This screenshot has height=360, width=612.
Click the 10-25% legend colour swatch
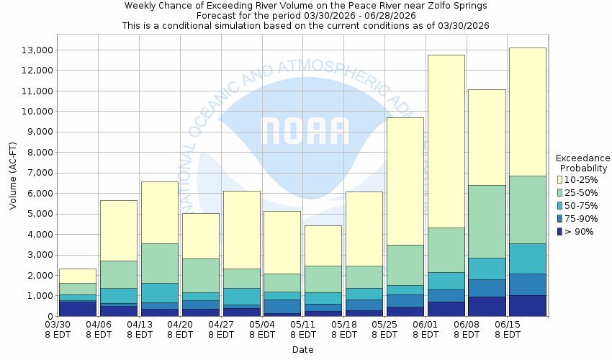[559, 179]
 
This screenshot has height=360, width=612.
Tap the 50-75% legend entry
[580, 205]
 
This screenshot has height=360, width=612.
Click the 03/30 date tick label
[58, 325]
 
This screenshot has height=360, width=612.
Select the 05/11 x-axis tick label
[304, 325]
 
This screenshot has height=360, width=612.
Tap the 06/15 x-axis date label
[508, 325]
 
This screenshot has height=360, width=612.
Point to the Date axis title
[302, 350]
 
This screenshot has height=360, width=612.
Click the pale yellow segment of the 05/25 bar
[405, 180]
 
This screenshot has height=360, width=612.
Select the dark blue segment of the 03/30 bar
[77, 308]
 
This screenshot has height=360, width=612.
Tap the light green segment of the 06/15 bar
[528, 209]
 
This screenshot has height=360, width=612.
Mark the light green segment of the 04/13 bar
[159, 263]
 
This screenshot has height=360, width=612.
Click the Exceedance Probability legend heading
[582, 163]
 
